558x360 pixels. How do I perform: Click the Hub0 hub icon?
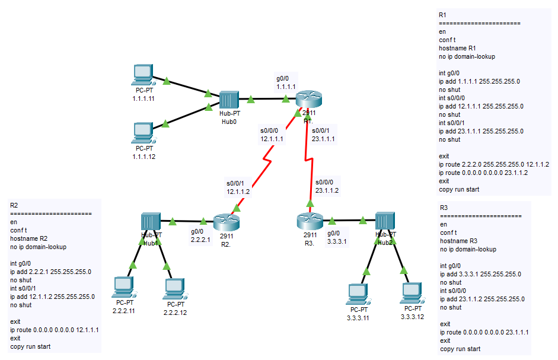click(x=228, y=100)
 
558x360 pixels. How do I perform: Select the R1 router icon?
click(x=308, y=100)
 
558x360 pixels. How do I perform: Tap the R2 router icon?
click(x=225, y=222)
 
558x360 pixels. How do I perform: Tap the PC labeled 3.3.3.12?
click(x=412, y=294)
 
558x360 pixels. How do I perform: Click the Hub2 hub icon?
click(x=385, y=221)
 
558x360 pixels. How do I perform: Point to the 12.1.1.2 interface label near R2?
click(x=238, y=192)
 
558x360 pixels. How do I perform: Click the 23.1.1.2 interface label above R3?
click(x=327, y=190)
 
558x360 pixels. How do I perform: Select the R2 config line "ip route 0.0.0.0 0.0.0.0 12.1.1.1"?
click(x=54, y=329)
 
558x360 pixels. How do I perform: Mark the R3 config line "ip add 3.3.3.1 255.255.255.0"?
click(x=480, y=274)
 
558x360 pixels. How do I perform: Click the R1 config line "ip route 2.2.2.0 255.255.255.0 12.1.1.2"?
click(x=493, y=164)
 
